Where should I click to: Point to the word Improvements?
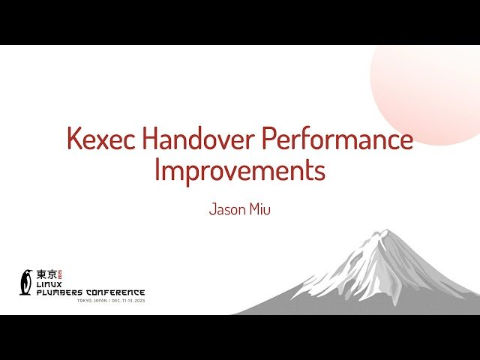tap(240, 171)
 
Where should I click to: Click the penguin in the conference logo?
tap(27, 282)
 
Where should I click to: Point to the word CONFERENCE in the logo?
tap(116, 292)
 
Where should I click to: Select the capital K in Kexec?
tap(73, 140)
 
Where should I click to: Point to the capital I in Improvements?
tap(157, 171)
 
